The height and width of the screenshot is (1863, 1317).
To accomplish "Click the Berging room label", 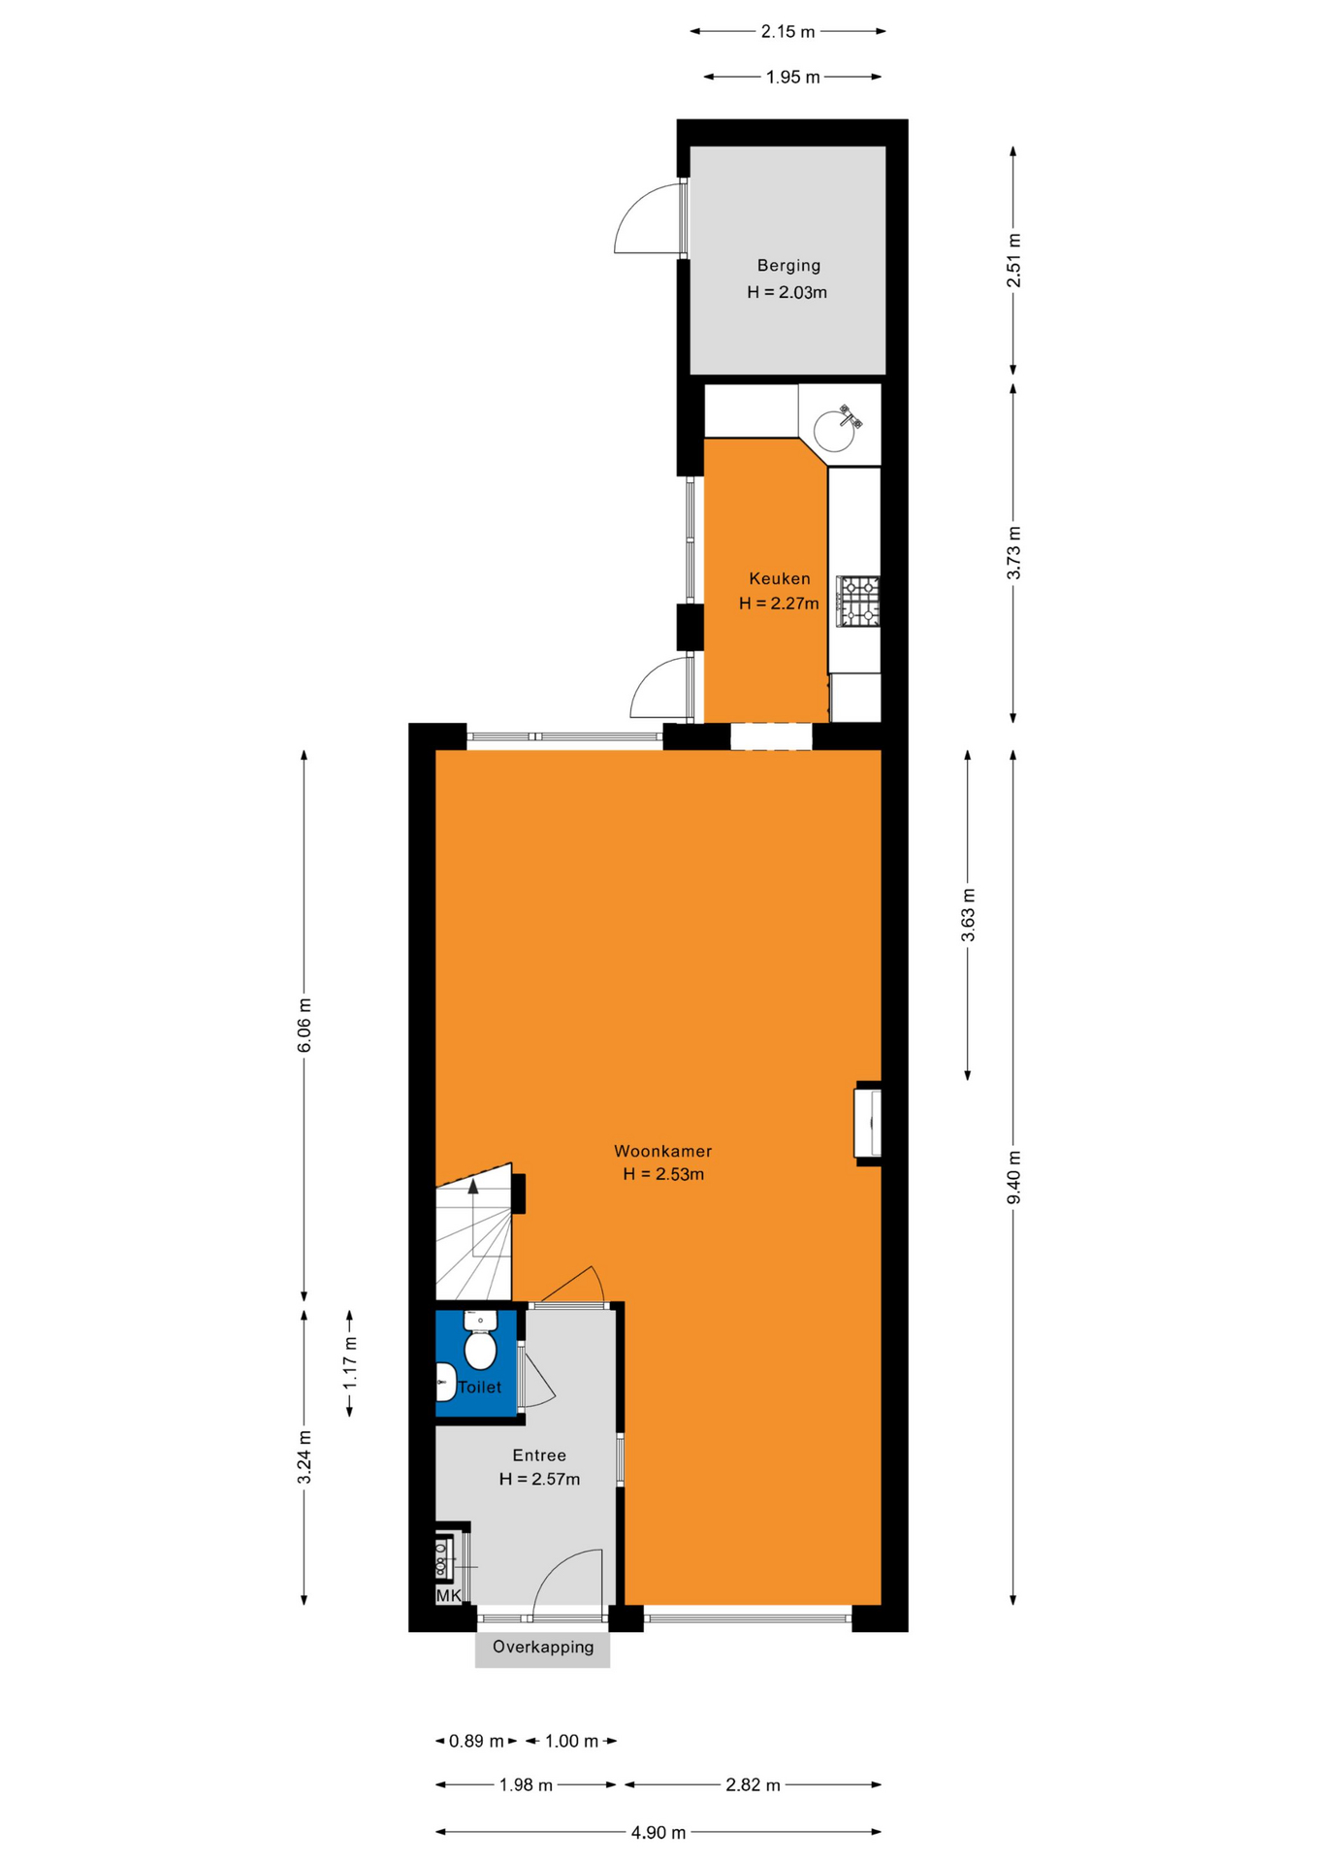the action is [788, 266].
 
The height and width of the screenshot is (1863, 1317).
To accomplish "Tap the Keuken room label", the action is [779, 578].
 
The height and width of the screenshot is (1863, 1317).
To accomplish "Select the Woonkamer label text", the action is [662, 1151].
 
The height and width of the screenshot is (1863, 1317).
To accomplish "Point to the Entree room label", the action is [539, 1454].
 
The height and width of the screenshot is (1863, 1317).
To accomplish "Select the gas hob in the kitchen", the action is [858, 602].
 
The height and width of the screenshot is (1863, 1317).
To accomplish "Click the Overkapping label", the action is [543, 1646].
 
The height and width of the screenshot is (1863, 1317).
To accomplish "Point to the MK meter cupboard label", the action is [448, 1595].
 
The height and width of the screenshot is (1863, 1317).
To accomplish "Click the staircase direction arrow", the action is [473, 1186].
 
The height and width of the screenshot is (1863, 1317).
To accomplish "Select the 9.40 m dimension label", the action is [1013, 1177].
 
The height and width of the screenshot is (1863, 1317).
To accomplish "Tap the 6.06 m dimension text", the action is [305, 1025].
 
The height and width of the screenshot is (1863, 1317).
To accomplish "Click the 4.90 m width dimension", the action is [658, 1832].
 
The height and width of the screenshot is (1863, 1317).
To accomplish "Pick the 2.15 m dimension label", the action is [787, 31].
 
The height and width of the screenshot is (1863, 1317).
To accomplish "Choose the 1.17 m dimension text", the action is [350, 1361].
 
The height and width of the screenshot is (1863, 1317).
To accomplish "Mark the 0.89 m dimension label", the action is [476, 1741].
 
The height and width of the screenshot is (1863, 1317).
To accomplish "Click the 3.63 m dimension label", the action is [968, 915].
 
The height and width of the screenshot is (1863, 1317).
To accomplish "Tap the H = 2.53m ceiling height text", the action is [663, 1174].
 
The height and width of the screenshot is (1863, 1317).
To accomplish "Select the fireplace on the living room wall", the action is [868, 1123].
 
